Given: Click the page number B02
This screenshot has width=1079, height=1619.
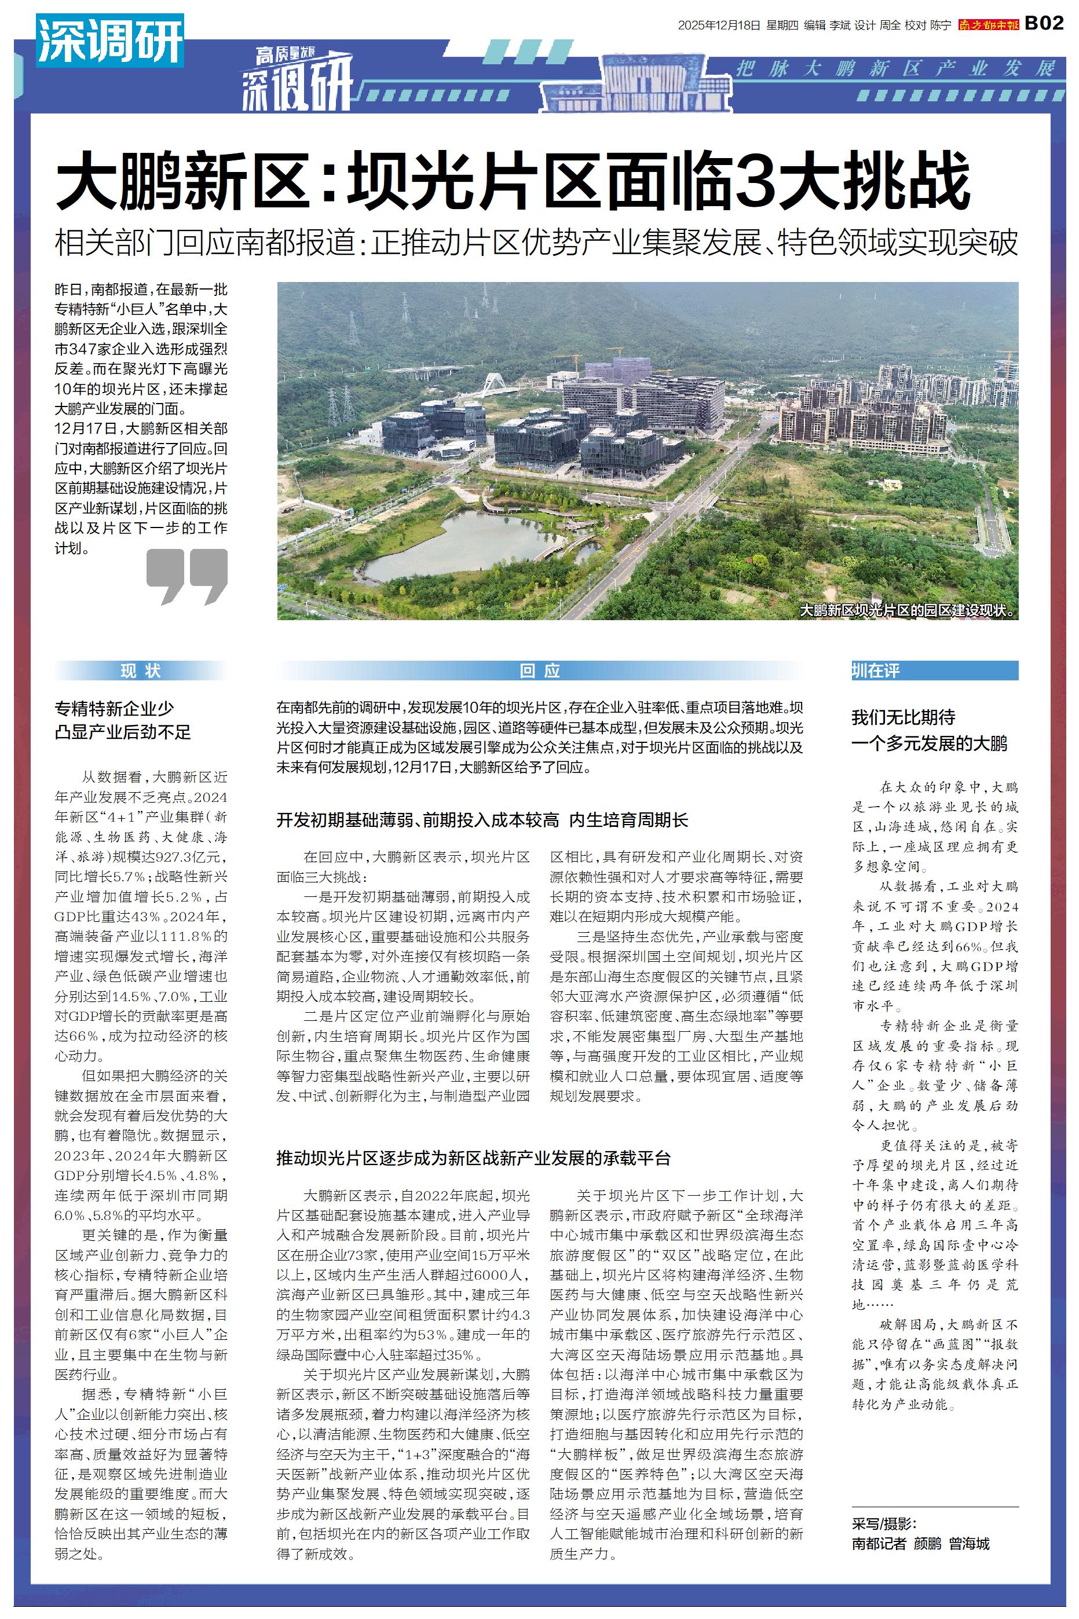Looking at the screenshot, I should point(1044,23).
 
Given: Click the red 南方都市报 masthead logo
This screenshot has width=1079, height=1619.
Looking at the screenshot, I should point(989,25).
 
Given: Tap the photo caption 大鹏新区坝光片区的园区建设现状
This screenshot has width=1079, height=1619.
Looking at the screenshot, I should point(907,610).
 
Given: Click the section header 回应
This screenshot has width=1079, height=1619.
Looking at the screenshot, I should point(540,671).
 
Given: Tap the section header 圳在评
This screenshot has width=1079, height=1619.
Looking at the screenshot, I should point(875,671).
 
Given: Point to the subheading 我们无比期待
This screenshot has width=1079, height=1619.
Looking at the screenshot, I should point(903,717).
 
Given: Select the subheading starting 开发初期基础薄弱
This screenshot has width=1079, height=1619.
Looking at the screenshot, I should point(482,820).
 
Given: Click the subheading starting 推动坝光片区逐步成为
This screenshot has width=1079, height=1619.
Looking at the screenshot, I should point(473,1158).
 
